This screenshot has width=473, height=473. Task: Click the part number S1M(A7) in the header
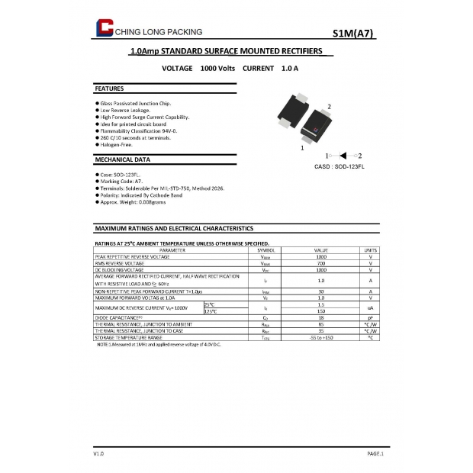[353, 33]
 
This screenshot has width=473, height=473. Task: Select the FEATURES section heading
[109, 88]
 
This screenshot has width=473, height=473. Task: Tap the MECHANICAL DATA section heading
[122, 159]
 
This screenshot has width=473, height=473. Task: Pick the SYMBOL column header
[265, 249]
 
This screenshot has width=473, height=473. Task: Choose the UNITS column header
[370, 249]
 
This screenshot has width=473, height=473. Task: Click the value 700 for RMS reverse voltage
[321, 263]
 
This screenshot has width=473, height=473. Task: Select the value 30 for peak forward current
[321, 291]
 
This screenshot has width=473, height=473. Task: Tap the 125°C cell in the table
[210, 311]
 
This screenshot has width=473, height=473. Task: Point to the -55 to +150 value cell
[321, 337]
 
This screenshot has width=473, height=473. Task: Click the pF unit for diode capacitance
[370, 317]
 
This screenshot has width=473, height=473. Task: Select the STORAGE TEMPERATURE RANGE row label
[129, 337]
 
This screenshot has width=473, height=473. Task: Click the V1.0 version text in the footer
[98, 454]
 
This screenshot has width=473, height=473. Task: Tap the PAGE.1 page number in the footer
[375, 454]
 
